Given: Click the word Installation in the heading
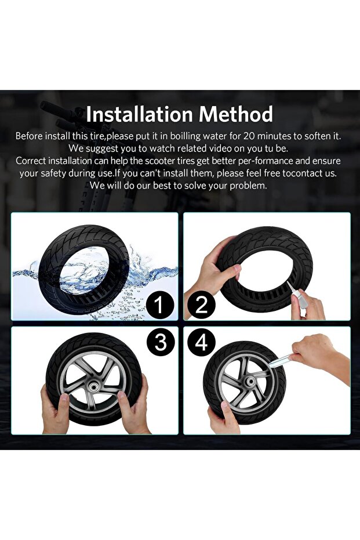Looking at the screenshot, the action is (139, 114).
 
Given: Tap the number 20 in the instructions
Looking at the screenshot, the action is (249, 136).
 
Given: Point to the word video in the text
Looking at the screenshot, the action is (200, 148).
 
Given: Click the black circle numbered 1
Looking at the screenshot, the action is (159, 305).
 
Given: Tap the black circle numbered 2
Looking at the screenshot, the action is (202, 305).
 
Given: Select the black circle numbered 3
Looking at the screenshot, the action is (161, 342).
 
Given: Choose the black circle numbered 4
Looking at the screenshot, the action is (201, 342).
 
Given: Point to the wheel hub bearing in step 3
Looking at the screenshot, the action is (93, 387).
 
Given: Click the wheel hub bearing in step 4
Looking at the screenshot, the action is (250, 381).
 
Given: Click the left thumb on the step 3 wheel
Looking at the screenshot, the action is (64, 401).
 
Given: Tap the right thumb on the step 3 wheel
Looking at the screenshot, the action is (123, 401).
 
